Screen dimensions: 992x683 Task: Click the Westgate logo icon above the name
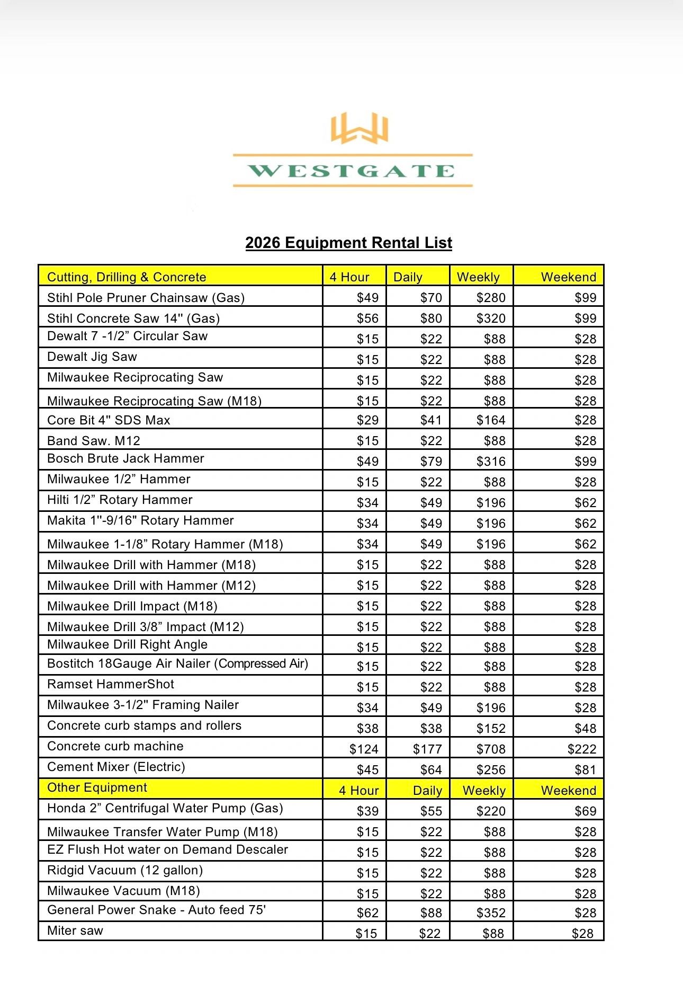coord(360,128)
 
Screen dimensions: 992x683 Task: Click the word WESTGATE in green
coord(352,171)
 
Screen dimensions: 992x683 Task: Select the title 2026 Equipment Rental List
coord(348,243)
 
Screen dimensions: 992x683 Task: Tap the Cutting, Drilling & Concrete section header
coord(127,277)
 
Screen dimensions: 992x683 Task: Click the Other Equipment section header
coord(97,787)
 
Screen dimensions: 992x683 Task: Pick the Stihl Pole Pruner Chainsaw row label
coord(146,298)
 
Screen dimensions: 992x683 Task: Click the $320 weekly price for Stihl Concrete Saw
coord(491,318)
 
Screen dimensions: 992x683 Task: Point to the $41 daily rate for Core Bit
coord(431,420)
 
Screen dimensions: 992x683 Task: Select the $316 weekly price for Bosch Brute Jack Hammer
coord(491,462)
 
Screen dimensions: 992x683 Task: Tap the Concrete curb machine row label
coord(115,746)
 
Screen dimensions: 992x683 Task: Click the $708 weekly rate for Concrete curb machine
coord(491,749)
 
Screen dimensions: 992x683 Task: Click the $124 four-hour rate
coord(364,749)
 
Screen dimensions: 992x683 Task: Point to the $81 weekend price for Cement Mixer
coord(585,770)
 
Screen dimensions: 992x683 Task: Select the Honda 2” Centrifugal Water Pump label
coord(165,808)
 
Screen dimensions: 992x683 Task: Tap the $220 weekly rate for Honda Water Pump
coord(491,811)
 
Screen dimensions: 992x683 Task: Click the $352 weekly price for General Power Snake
coord(491,913)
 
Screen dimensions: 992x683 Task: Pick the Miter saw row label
coord(75,931)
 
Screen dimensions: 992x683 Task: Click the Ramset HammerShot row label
coord(110,684)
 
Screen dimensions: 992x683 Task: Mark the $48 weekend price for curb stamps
coord(585,729)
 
